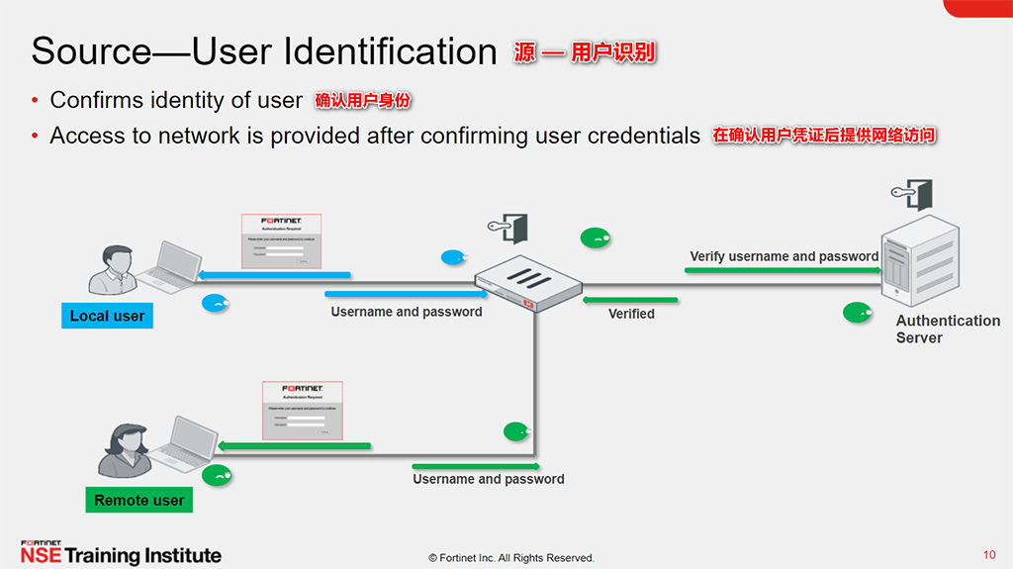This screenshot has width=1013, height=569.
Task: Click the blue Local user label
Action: tap(107, 316)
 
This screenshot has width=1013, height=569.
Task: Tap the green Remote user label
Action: tap(138, 500)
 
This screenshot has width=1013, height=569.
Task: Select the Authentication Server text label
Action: tap(948, 329)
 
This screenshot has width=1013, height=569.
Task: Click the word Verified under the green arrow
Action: tap(631, 313)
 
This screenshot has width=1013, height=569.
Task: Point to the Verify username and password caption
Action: tap(783, 256)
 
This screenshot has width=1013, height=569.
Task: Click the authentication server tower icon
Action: tap(920, 261)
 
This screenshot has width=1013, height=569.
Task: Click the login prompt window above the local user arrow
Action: tap(282, 240)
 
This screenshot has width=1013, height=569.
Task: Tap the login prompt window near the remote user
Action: tap(302, 410)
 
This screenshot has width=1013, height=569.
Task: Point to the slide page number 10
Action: tap(989, 554)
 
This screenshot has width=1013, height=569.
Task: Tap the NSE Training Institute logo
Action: tap(121, 553)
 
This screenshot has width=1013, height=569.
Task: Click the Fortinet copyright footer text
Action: tap(510, 558)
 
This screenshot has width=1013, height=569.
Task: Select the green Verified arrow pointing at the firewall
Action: tap(631, 299)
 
